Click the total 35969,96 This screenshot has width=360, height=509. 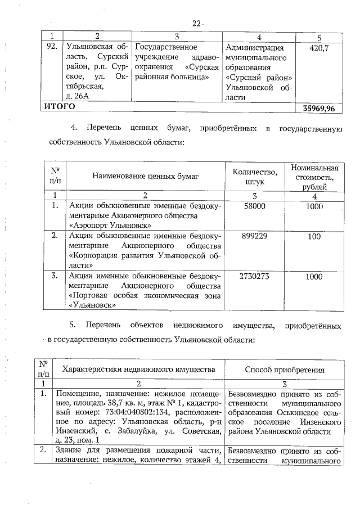pos(318,108)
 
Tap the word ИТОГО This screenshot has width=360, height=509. pos(60,106)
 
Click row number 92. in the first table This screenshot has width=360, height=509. pos(52,48)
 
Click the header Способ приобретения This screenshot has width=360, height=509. pos(285,370)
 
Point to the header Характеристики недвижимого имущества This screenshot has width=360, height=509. pos(138,370)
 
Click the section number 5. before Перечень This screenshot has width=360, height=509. pos(73,326)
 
